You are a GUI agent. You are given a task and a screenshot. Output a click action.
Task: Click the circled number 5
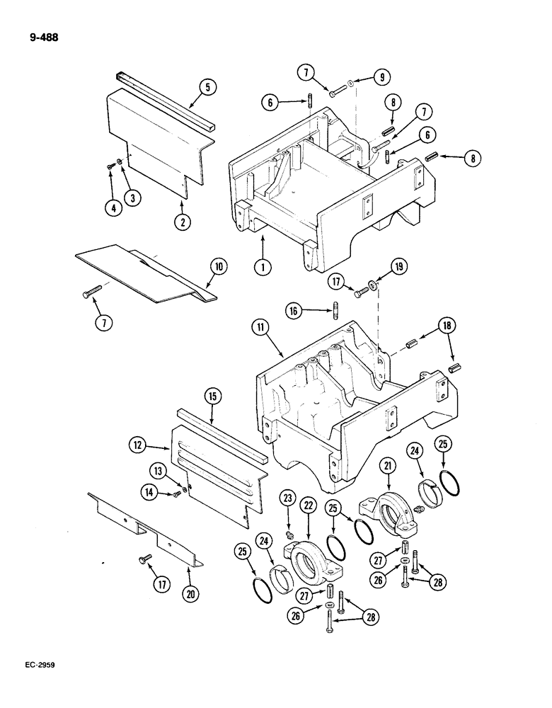click(x=207, y=88)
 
